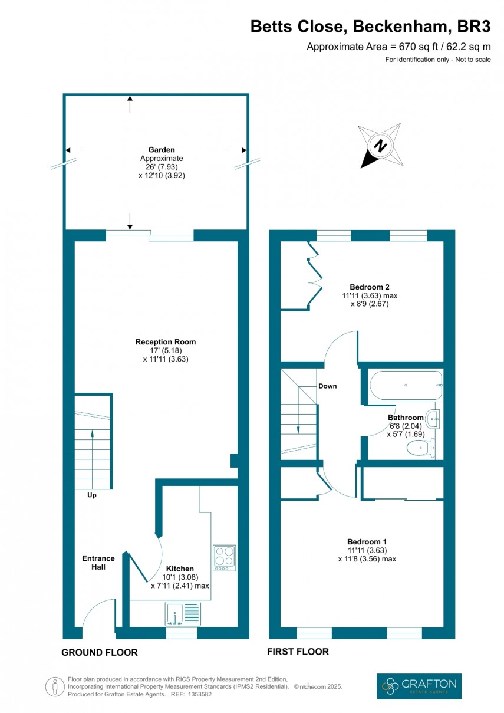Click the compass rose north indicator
click(x=381, y=145)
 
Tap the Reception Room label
click(x=166, y=342)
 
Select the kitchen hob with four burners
click(x=224, y=557)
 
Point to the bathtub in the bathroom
click(x=405, y=385)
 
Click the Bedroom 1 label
click(x=367, y=541)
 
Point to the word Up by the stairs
click(x=92, y=495)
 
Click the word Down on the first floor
click(x=328, y=386)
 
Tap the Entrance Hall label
click(x=98, y=563)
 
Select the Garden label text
click(x=162, y=150)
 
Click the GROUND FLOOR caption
click(x=100, y=652)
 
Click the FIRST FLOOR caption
click(x=298, y=652)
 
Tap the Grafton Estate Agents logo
click(x=419, y=686)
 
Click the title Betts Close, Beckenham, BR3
click(x=371, y=27)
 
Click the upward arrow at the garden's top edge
click(x=130, y=104)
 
